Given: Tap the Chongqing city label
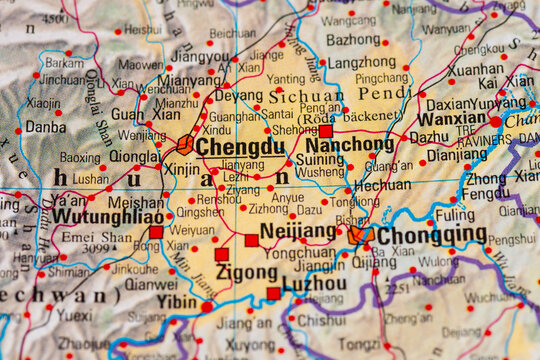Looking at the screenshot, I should point(431,234).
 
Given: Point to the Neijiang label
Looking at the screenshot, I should point(298,231).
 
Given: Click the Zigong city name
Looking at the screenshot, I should point(246,272).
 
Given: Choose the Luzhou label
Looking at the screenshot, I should point(314,283).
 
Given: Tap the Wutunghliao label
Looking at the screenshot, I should point(108,216).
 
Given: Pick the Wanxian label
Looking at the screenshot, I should point(451,118).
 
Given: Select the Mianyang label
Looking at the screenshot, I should point(190,80).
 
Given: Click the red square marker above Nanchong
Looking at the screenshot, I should point(325,131).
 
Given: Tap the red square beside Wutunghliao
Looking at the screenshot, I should point(156,232).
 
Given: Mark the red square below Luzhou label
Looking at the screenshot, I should point(273,294).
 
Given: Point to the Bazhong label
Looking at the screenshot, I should point(353,41).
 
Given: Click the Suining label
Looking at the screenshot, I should point(321,159).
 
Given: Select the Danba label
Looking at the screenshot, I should point(45,127).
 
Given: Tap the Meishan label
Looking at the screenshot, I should point(135,202).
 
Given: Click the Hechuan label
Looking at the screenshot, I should point(382,185).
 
